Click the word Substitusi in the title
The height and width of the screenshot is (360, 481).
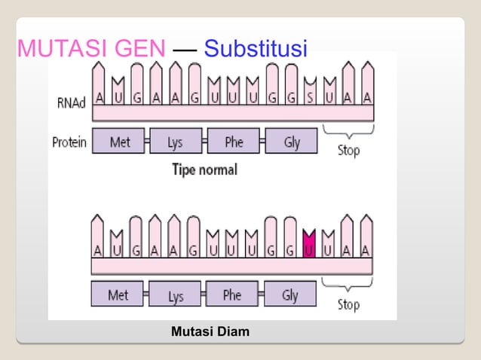pos(256,50)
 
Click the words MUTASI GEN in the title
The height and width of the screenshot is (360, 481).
pos(90,50)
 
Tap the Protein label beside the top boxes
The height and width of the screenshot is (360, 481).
pos(68,142)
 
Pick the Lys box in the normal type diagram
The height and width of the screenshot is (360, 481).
pos(175,142)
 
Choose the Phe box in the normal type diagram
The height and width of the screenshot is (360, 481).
pos(233,142)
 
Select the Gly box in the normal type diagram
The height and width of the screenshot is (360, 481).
pos(292,142)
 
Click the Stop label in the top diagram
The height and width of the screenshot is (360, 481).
pos(348,150)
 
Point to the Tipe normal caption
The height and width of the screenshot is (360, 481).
pos(205,169)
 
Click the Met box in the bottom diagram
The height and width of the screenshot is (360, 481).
pos(118,295)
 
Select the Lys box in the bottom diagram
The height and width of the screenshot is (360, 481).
pos(175,296)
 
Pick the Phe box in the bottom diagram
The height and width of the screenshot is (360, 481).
pos(232,295)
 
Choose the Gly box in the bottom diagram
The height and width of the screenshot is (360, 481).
pos(290,295)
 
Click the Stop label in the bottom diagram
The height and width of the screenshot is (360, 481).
pos(348,304)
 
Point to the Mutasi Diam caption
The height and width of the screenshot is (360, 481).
pos(210,331)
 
